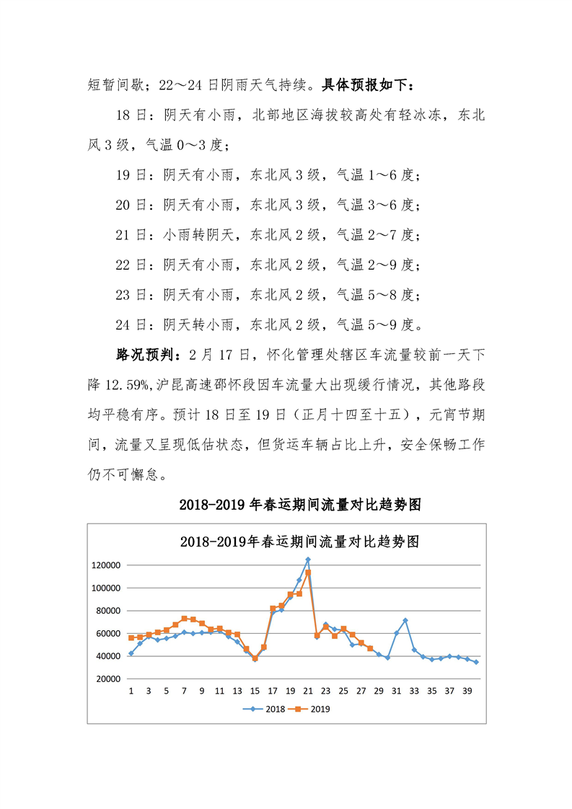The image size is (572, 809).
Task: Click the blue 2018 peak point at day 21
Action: coord(308,560)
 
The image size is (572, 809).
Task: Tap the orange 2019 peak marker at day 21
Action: coord(308,573)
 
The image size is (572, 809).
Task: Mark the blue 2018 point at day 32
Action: coord(405,620)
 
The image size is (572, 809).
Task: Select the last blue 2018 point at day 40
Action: coord(476,662)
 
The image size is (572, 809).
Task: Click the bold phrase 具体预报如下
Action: coord(367,86)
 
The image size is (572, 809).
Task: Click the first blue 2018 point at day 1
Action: coord(131,653)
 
